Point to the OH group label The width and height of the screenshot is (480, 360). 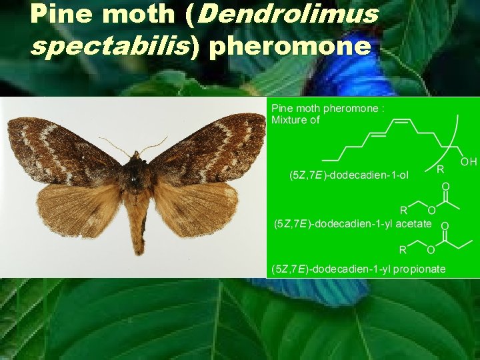pos(469,162)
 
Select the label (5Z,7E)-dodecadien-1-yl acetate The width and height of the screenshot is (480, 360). pos(353,224)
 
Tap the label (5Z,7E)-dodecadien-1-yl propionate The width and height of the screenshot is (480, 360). pos(358,269)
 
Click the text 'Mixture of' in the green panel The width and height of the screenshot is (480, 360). pos(295,120)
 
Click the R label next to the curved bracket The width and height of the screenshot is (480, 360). pos(440,169)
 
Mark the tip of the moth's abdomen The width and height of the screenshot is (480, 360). pos(139,251)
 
